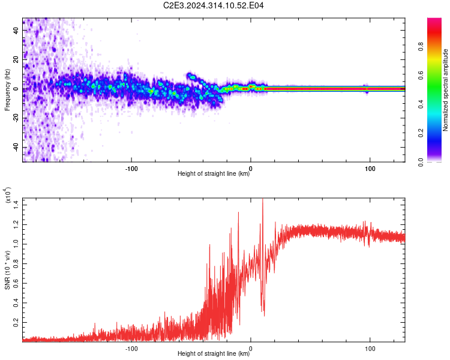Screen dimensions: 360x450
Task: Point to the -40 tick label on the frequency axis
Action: [14, 148]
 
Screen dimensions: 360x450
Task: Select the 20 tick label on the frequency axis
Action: [16, 59]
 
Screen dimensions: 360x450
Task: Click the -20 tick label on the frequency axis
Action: [14, 118]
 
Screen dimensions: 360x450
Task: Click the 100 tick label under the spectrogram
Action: [370, 168]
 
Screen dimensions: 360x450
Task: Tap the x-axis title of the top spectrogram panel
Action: [214, 174]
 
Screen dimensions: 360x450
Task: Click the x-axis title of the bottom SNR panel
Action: [214, 353]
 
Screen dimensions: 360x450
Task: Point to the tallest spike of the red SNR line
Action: [262, 200]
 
